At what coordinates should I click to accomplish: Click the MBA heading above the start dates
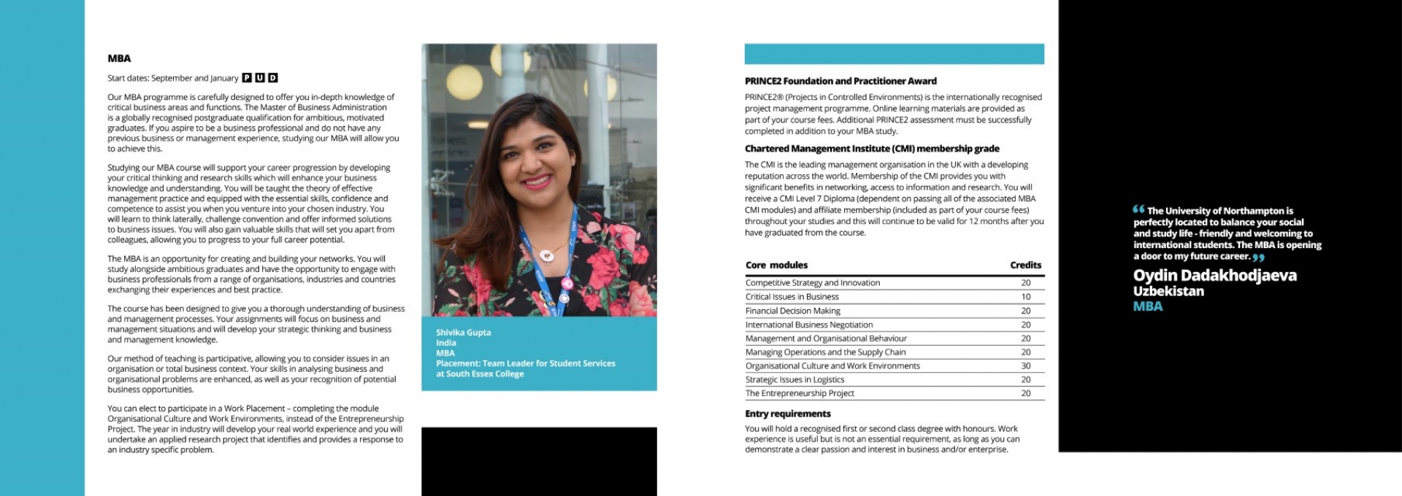119,58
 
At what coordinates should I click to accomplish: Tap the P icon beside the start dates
247,78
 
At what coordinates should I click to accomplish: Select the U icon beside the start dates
260,78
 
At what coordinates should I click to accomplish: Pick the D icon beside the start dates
273,78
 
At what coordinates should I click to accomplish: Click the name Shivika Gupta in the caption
463,333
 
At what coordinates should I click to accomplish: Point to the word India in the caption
445,343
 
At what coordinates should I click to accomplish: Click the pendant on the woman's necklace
545,255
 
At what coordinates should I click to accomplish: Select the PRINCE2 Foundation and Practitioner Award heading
840,81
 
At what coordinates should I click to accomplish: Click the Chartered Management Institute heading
872,149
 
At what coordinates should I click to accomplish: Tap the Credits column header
1025,266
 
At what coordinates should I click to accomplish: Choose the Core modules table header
776,266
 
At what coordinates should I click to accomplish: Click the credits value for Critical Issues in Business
1026,297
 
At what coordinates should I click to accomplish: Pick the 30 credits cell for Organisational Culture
1026,366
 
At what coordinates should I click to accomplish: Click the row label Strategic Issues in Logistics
794,379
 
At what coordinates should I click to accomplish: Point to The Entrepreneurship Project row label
800,393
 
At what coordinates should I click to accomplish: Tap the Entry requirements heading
787,414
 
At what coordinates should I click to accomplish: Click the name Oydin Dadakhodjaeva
1214,276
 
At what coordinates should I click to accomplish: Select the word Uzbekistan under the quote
1168,291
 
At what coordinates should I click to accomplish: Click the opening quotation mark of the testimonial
1138,209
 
